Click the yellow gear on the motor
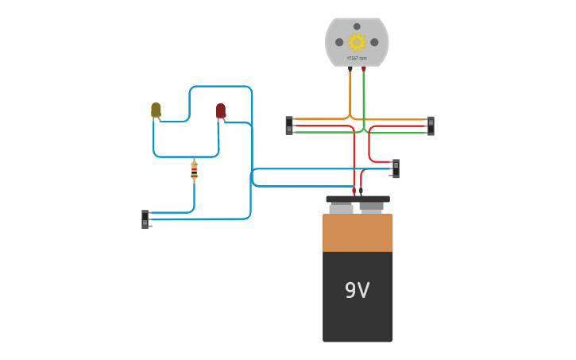click(357, 42)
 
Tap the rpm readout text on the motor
click(357, 58)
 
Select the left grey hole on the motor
click(339, 42)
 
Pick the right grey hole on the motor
click(374, 42)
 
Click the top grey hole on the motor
click(357, 26)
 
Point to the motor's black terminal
click(350, 69)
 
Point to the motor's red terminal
click(364, 69)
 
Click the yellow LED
click(156, 110)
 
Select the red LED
click(221, 110)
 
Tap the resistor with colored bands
click(194, 170)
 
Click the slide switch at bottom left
click(145, 219)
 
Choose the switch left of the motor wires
click(289, 126)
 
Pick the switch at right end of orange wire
click(431, 126)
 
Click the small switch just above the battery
click(396, 168)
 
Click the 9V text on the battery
click(357, 291)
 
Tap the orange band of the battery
click(358, 233)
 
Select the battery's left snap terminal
click(342, 207)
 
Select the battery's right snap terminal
click(371, 207)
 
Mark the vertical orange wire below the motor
click(350, 94)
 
